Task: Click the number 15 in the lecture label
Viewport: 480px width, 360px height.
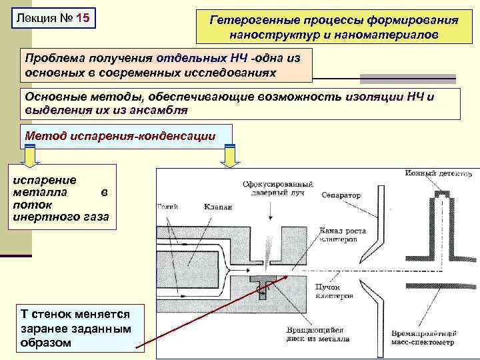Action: [x=82, y=17]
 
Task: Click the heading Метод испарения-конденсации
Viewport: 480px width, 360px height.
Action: [x=120, y=136]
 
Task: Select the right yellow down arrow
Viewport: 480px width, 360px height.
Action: [x=229, y=156]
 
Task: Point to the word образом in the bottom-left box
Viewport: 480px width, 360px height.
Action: [x=46, y=342]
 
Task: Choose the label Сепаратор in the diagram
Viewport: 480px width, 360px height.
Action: [x=340, y=195]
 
